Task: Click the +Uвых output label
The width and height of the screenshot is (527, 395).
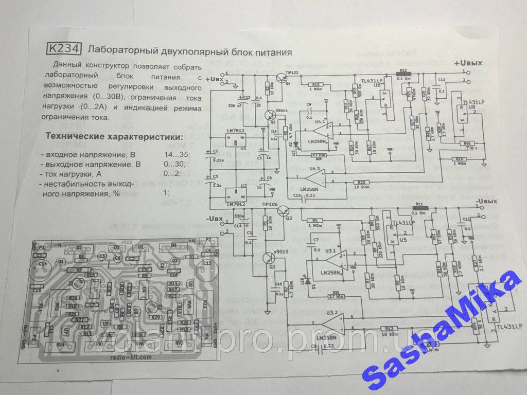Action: point(467,63)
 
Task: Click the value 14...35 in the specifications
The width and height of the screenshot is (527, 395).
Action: point(177,155)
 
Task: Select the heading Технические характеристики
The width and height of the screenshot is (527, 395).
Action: point(114,137)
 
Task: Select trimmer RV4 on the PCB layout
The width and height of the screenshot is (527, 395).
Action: point(61,343)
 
